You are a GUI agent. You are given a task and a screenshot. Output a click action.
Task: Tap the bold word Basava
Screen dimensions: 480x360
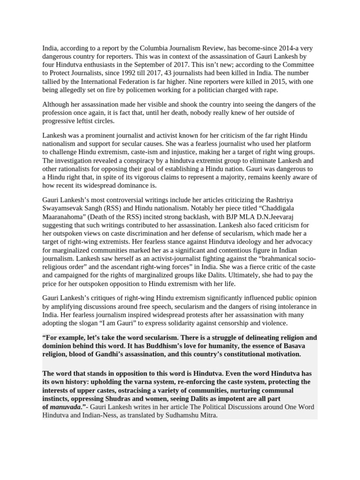[293, 346]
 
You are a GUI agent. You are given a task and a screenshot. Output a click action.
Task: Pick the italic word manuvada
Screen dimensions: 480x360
[65, 407]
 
